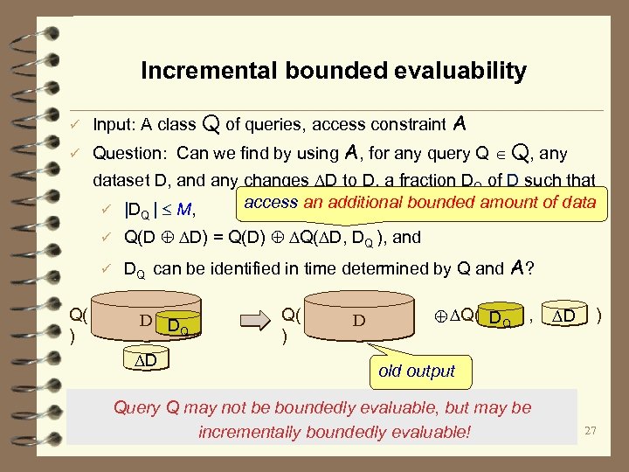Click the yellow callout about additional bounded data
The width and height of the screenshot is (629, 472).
click(419, 202)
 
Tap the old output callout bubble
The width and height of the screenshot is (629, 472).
click(417, 371)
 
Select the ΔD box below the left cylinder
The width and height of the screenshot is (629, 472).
click(146, 360)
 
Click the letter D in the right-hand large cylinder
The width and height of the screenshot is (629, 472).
click(358, 320)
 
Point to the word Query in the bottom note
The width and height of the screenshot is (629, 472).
click(138, 407)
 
